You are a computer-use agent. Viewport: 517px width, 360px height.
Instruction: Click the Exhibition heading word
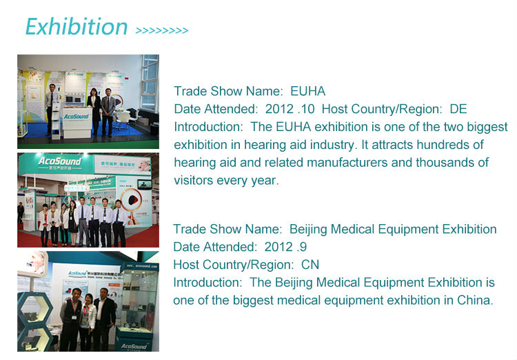pyautogui.click(x=77, y=27)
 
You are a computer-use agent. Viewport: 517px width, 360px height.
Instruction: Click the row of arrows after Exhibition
pyautogui.click(x=162, y=30)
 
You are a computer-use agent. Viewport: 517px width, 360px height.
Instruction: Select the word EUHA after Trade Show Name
pyautogui.click(x=307, y=91)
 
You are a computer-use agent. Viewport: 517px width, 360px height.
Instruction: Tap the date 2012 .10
pyautogui.click(x=290, y=109)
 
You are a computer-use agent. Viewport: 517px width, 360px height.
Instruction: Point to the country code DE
pyautogui.click(x=458, y=109)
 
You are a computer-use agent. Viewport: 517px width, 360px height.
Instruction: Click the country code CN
pyautogui.click(x=310, y=265)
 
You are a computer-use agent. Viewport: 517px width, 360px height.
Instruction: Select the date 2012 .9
pyautogui.click(x=285, y=247)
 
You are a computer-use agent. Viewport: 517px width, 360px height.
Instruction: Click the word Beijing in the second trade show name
pyautogui.click(x=308, y=230)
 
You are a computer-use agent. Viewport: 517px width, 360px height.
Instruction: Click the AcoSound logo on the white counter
pyautogui.click(x=76, y=117)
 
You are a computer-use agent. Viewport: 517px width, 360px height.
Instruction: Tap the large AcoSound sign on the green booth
pyautogui.click(x=59, y=161)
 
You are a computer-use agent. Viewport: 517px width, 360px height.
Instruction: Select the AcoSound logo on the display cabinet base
pyautogui.click(x=134, y=346)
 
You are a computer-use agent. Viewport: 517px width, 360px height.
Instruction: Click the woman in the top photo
pyautogui.click(x=94, y=110)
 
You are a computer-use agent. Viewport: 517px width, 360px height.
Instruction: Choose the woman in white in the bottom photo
pyautogui.click(x=87, y=321)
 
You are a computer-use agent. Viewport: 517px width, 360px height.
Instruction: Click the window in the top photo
pyautogui.click(x=150, y=83)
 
